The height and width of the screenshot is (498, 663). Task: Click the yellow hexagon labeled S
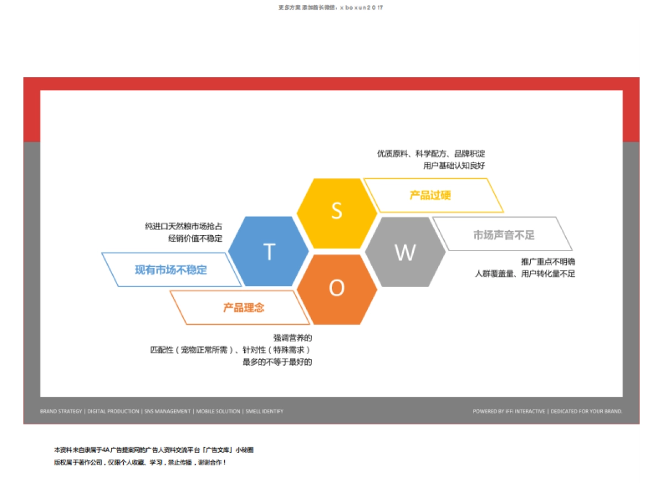(x=336, y=212)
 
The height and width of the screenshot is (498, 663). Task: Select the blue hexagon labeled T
(x=269, y=251)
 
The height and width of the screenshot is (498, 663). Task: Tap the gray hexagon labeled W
(x=405, y=252)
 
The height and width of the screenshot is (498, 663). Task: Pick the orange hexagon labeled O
(x=336, y=289)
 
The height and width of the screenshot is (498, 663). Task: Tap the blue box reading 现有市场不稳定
(x=171, y=270)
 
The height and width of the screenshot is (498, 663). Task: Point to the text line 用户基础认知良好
(x=454, y=165)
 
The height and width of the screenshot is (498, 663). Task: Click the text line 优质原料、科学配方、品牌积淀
(x=431, y=153)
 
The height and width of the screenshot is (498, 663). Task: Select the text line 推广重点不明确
(x=548, y=261)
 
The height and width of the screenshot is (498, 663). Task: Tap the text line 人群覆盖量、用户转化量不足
(x=525, y=273)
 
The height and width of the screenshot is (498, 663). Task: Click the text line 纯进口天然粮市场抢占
(x=183, y=226)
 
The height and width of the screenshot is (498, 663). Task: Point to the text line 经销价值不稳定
(x=195, y=238)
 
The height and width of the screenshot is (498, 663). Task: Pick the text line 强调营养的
(x=293, y=338)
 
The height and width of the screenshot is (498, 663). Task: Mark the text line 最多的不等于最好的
(x=277, y=362)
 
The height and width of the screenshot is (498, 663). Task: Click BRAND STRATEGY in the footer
(x=61, y=412)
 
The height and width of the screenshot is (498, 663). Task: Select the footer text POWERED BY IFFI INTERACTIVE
(x=508, y=412)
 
